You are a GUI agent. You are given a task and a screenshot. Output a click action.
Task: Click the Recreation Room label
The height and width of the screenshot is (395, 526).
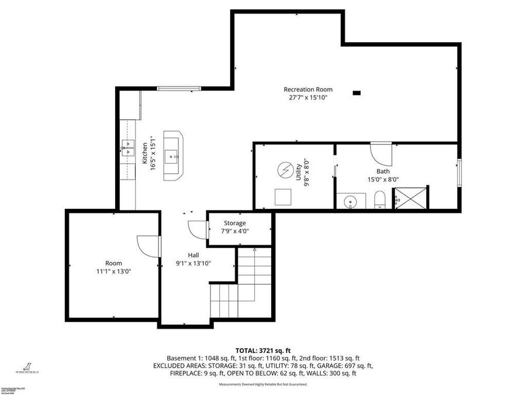point(308,90)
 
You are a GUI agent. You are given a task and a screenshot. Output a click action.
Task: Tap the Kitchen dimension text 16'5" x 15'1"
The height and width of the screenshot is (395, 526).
point(153,153)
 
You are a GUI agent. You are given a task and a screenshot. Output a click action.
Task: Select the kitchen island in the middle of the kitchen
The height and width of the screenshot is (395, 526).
point(172,155)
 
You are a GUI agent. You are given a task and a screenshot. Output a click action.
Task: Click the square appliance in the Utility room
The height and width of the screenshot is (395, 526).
point(283,197)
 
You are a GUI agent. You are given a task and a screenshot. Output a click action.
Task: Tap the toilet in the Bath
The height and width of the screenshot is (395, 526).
point(379,200)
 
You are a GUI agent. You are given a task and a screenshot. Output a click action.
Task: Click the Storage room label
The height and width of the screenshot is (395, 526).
point(235,223)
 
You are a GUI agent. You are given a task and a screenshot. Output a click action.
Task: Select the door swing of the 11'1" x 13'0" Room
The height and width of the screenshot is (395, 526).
point(148,245)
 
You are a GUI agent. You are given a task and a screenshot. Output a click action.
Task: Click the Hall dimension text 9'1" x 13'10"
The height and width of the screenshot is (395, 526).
point(193,263)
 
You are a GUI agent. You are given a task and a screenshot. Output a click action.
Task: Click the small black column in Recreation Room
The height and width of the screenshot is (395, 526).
point(357,92)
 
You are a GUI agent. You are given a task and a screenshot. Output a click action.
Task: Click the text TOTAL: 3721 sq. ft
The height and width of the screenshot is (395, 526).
point(262,350)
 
